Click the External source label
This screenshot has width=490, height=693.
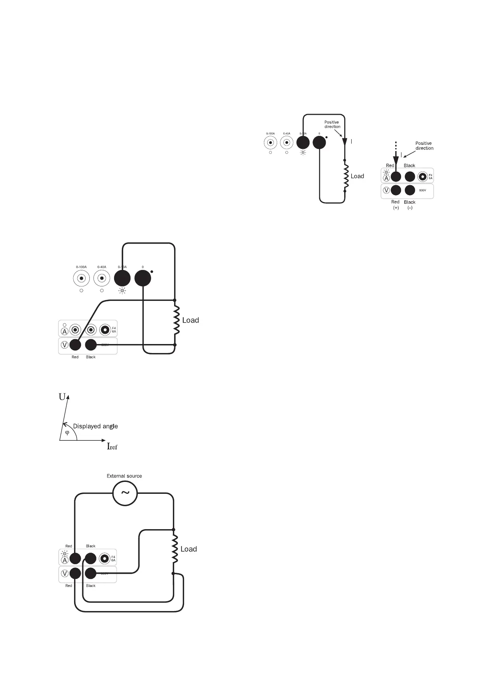click(x=124, y=476)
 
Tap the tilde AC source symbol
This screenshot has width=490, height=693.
click(x=124, y=493)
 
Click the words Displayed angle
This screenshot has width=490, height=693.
click(x=95, y=426)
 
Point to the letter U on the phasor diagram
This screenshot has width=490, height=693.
click(x=62, y=397)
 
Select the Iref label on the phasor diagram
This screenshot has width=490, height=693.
click(x=112, y=446)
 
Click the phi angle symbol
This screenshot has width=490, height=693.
click(x=68, y=433)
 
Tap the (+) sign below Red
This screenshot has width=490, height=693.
click(x=396, y=208)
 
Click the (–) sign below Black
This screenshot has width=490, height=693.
click(x=410, y=208)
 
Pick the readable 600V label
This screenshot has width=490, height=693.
click(x=422, y=190)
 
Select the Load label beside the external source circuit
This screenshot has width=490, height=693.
click(x=189, y=549)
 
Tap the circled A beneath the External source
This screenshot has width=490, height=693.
click(x=65, y=560)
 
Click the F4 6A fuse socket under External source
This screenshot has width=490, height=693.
click(x=105, y=558)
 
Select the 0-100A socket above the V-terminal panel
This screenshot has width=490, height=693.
click(x=82, y=279)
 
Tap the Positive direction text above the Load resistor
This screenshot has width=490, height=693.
click(x=332, y=124)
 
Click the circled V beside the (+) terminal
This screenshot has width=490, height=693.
click(x=386, y=190)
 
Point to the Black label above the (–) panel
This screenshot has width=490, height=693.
click(x=409, y=165)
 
